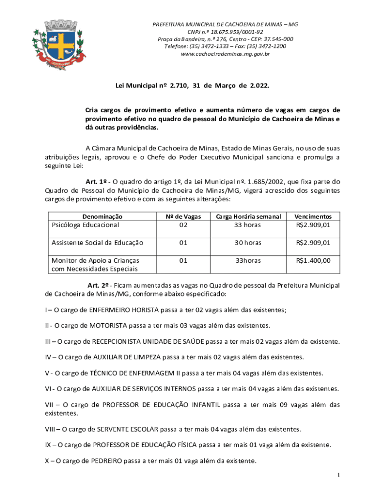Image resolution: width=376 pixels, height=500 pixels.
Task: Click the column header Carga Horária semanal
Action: (x=248, y=216)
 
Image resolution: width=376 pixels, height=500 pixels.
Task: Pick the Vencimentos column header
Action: (x=313, y=216)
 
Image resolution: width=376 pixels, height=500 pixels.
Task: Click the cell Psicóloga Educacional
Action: (x=85, y=225)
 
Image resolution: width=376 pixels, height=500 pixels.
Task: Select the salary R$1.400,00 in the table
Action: (x=313, y=260)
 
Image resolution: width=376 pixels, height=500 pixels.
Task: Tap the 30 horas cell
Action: (x=248, y=243)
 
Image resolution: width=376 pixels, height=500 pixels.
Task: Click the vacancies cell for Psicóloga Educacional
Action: (x=183, y=225)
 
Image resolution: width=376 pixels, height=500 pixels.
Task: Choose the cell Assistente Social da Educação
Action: (x=98, y=243)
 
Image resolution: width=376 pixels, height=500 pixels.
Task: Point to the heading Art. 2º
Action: (x=97, y=285)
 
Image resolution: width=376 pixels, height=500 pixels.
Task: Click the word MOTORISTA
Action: (x=109, y=325)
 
